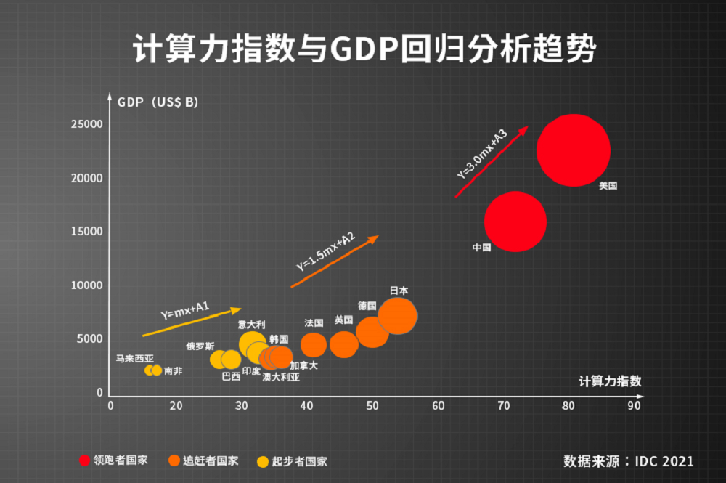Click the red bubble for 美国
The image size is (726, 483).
[574, 150]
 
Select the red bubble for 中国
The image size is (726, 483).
[515, 222]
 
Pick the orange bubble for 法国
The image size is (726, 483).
[314, 345]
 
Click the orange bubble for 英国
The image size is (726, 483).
[343, 344]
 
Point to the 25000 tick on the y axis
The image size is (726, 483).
[86, 124]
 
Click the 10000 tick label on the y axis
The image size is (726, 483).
[86, 285]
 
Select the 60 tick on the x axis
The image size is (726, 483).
[438, 406]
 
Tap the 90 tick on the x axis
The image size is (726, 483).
[634, 406]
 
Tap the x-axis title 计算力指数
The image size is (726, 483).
[610, 381]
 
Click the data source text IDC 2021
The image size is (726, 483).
[628, 460]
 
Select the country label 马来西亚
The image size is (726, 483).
[134, 358]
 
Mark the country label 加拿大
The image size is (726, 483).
[303, 365]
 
